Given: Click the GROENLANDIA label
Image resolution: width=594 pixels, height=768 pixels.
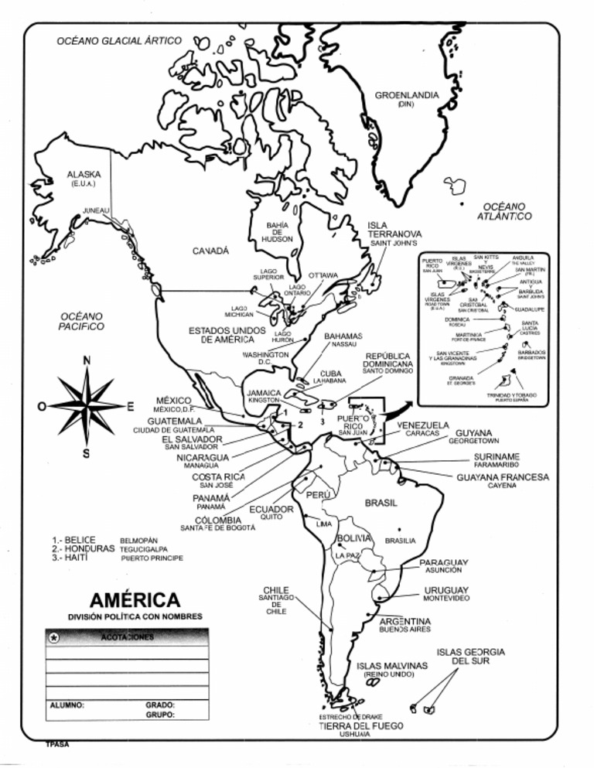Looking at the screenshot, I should pyautogui.click(x=406, y=95).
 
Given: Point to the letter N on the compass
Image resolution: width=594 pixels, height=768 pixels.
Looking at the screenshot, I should pyautogui.click(x=87, y=360).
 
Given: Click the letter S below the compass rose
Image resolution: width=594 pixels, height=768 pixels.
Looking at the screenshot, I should pyautogui.click(x=87, y=453).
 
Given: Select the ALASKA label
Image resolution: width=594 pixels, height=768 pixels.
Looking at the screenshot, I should pyautogui.click(x=84, y=175).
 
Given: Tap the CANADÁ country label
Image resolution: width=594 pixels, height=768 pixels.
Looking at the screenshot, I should pyautogui.click(x=210, y=251).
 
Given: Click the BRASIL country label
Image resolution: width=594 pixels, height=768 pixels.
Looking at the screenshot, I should pyautogui.click(x=381, y=503).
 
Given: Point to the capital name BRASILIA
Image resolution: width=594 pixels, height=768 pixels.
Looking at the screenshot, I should pyautogui.click(x=400, y=540).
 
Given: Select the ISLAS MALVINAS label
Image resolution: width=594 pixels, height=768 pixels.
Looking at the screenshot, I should pyautogui.click(x=392, y=665).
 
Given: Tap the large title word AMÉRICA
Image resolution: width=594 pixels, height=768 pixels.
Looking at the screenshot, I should pyautogui.click(x=135, y=600).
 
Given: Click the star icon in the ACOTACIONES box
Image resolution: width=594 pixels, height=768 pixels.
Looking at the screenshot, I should pyautogui.click(x=53, y=637).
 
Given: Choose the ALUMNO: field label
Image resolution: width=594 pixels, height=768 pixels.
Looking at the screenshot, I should pyautogui.click(x=67, y=705).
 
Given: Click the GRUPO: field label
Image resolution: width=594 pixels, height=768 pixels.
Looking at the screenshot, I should pyautogui.click(x=159, y=715).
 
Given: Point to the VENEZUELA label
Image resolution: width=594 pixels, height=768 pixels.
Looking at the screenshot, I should pyautogui.click(x=422, y=425).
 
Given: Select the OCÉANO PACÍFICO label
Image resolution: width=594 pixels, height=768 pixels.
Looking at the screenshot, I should pyautogui.click(x=81, y=321).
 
